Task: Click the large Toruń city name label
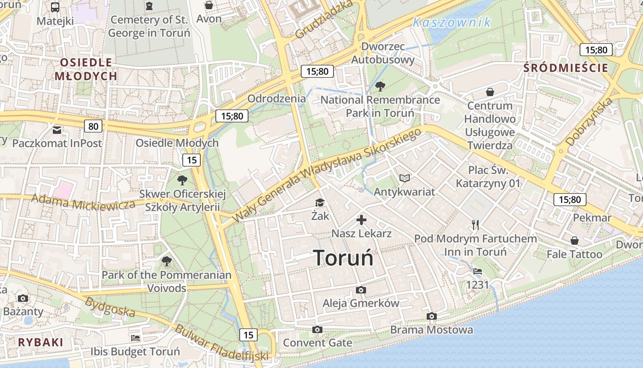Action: (343, 258)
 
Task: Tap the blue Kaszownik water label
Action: (451, 22)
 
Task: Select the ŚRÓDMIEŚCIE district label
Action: (566, 68)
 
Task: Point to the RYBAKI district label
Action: (40, 342)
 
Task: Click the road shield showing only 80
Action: (93, 126)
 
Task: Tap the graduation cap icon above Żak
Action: (319, 203)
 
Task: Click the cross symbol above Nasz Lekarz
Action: (361, 220)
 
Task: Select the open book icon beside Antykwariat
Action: (404, 178)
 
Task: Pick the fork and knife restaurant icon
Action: (475, 225)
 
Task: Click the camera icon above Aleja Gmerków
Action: (361, 290)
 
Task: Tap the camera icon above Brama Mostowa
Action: (431, 316)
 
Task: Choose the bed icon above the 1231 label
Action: (478, 271)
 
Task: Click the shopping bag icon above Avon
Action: (209, 5)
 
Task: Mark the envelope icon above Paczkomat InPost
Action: (57, 130)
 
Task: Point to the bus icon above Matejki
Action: (55, 7)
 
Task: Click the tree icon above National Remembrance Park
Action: (380, 86)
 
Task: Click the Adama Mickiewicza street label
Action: (83, 202)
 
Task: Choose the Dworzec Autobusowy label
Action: (383, 53)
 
